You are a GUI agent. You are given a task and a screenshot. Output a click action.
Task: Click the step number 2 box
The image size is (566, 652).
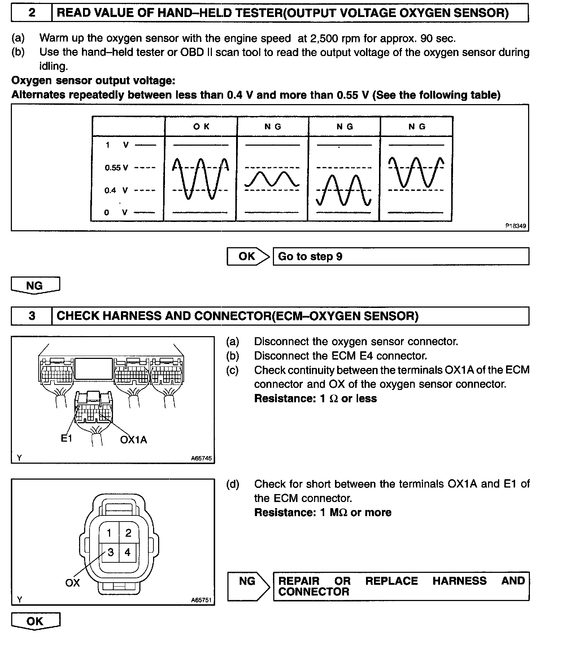pyautogui.click(x=32, y=13)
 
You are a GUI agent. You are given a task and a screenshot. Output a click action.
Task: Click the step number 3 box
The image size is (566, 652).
pyautogui.click(x=32, y=316)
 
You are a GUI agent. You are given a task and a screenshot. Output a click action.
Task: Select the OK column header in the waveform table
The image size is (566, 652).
pyautogui.click(x=201, y=126)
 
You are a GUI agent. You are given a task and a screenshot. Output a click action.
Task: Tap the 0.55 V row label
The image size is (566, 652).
pyautogui.click(x=116, y=168)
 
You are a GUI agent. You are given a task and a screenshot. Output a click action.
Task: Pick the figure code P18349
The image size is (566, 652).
pyautogui.click(x=515, y=226)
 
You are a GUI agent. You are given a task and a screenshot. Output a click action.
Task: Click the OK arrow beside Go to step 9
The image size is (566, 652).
pyautogui.click(x=248, y=257)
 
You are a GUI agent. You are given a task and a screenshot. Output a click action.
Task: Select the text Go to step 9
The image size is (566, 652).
pyautogui.click(x=310, y=257)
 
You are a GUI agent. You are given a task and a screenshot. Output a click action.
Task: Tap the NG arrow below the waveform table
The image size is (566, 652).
pyautogui.click(x=35, y=286)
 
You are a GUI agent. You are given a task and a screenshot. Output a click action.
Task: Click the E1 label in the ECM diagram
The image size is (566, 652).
pyautogui.click(x=66, y=438)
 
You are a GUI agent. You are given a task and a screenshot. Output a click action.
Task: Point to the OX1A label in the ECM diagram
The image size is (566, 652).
pyautogui.click(x=134, y=439)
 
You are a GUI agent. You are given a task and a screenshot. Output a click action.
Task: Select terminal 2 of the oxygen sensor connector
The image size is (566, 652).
pyautogui.click(x=128, y=532)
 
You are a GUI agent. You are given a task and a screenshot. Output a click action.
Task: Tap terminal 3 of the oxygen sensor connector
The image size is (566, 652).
pyautogui.click(x=110, y=552)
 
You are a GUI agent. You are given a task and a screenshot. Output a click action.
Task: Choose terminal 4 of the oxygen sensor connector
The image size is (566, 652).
pyautogui.click(x=127, y=552)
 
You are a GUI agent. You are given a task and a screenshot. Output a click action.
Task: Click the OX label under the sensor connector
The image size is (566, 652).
pyautogui.click(x=72, y=582)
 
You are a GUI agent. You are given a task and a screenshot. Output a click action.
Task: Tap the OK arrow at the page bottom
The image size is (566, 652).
pyautogui.click(x=35, y=621)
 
